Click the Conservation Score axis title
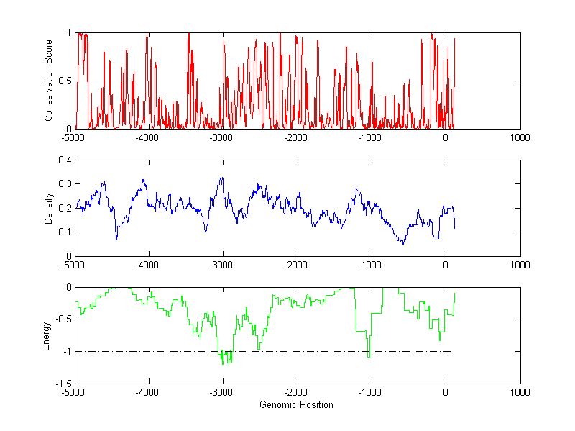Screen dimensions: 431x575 (x=48, y=81)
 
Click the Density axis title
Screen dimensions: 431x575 (x=48, y=208)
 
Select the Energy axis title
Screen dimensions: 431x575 (x=46, y=336)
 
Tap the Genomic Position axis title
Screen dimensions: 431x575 (x=296, y=405)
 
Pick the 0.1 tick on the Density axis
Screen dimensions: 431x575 (x=65, y=232)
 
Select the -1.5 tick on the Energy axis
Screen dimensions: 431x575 (x=63, y=384)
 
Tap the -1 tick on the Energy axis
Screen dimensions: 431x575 (x=67, y=352)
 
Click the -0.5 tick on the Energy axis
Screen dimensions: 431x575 (x=63, y=319)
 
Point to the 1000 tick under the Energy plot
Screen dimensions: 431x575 (x=520, y=393)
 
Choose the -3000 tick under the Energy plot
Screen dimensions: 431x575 (x=221, y=393)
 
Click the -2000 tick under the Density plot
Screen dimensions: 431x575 (x=296, y=265)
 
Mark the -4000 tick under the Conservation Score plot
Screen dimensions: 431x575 (x=147, y=137)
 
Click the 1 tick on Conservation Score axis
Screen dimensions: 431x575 (x=69, y=33)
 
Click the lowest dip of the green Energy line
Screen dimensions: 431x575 (x=223, y=365)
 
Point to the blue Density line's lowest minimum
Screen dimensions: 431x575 (x=403, y=244)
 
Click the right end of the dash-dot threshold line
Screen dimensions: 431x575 (x=455, y=351)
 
